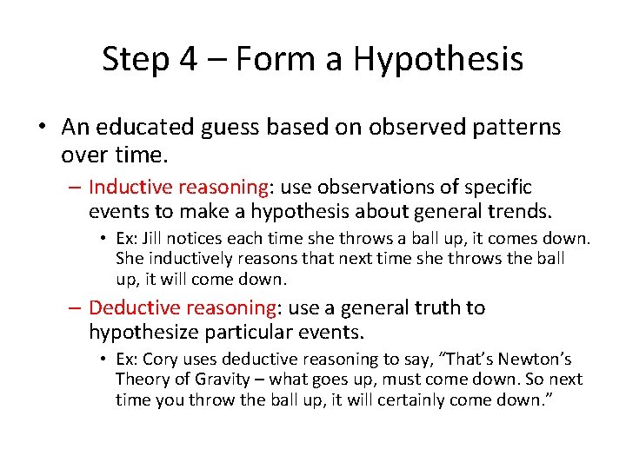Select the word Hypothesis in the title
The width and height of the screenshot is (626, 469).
(438, 59)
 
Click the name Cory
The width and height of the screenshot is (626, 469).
(160, 359)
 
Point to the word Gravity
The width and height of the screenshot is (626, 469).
(226, 379)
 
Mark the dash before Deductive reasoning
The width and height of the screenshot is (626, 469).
(76, 308)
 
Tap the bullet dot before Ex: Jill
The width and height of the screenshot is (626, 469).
(103, 239)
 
